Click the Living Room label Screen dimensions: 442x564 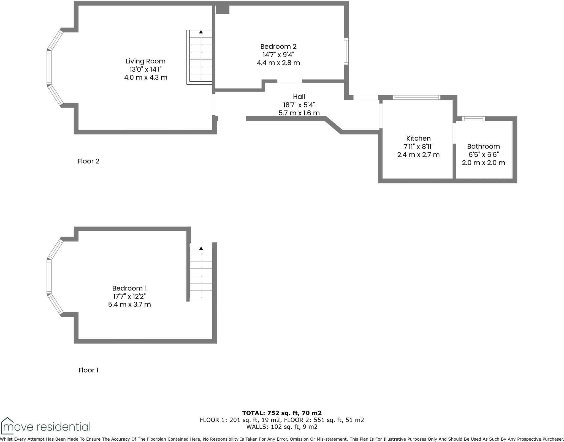click(145, 61)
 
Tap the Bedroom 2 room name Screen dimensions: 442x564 click(278, 47)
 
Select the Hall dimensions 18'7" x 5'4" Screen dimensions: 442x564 click(299, 105)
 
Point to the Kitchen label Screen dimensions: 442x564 click(418, 139)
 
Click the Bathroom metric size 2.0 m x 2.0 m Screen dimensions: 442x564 click(483, 163)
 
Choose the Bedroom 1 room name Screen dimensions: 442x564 click(129, 288)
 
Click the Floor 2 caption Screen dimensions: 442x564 click(88, 161)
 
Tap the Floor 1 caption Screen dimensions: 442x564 click(88, 370)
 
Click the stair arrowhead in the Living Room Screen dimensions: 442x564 click(201, 32)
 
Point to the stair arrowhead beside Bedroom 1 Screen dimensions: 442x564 click(201, 248)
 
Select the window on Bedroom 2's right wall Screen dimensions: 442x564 click(346, 51)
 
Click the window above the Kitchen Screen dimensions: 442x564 click(416, 97)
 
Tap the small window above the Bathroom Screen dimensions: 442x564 click(473, 119)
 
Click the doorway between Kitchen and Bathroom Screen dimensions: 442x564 click(454, 133)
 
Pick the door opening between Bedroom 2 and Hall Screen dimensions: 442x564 click(289, 81)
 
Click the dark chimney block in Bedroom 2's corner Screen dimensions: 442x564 click(222, 9)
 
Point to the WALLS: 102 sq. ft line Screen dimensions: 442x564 click(282, 427)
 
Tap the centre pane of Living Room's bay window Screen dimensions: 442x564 click(49, 67)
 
